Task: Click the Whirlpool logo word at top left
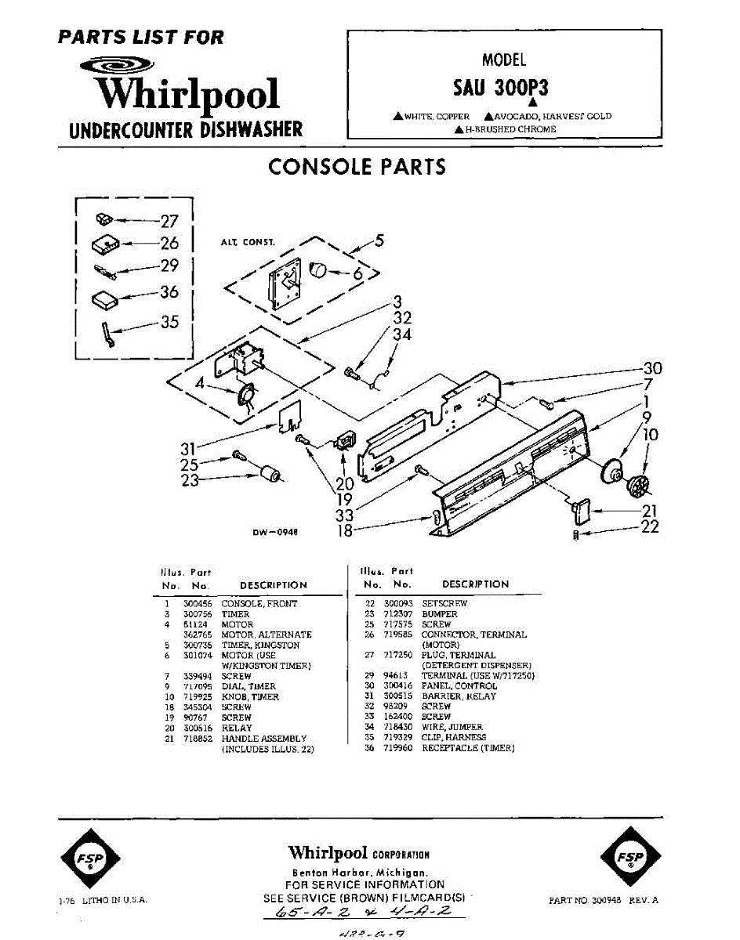[x=187, y=94]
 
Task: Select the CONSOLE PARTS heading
[x=357, y=167]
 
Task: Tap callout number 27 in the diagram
[x=169, y=221]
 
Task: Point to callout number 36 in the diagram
[x=169, y=292]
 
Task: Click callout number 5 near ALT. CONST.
[x=379, y=240]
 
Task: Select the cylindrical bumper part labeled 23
[x=271, y=474]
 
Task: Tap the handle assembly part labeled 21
[x=581, y=511]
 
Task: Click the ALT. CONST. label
[x=247, y=243]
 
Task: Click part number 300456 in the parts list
[x=197, y=604]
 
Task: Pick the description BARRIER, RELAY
[x=459, y=696]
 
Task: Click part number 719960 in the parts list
[x=397, y=748]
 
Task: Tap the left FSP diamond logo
[x=88, y=859]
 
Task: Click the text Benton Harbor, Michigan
[x=360, y=873]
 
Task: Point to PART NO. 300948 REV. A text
[x=604, y=901]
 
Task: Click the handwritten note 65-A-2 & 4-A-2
[x=365, y=914]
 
